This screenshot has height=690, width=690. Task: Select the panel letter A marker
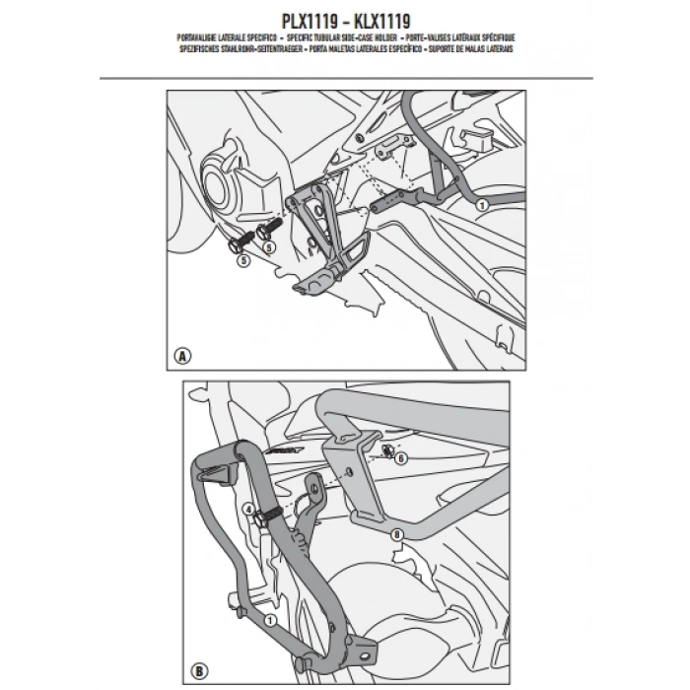tap(182, 357)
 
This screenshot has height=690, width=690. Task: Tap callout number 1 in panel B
tap(268, 620)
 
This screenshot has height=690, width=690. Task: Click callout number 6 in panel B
tap(400, 458)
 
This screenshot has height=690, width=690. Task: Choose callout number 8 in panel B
tap(396, 535)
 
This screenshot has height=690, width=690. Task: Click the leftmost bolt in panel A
tap(240, 242)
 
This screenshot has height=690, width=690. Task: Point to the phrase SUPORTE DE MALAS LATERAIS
tap(472, 46)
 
